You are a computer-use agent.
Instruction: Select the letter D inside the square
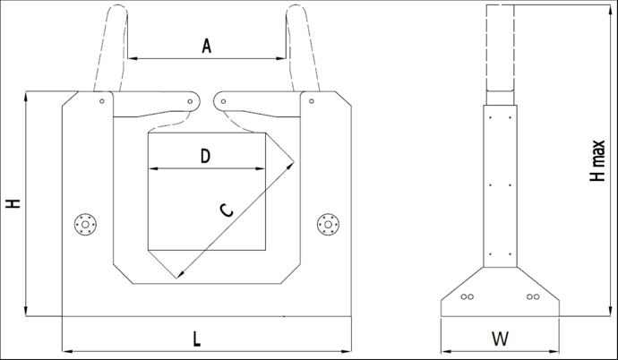point(205,157)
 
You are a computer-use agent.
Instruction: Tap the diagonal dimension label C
point(227,210)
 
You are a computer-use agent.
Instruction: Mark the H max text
point(597,161)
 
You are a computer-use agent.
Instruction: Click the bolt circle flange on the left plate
point(86,223)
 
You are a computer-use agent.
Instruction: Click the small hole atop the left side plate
point(102,101)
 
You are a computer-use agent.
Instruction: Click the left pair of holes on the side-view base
point(466,296)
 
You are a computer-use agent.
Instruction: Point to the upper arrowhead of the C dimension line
point(293,164)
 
